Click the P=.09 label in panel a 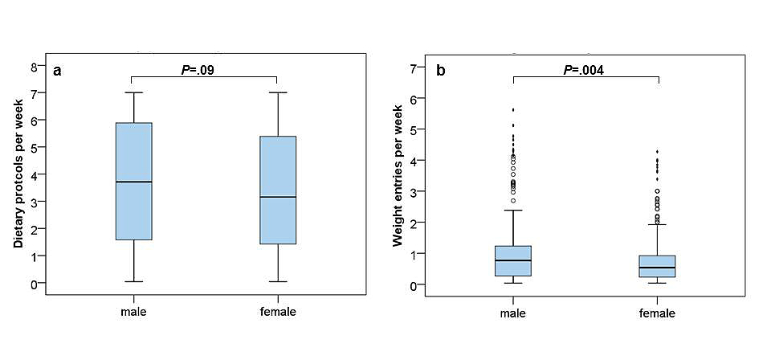[x=198, y=70]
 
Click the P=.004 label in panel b [x=583, y=70]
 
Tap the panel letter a [x=57, y=72]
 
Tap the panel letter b [x=440, y=72]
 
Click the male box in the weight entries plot [x=513, y=260]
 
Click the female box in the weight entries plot [x=658, y=266]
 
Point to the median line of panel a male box [x=133, y=182]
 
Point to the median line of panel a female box [x=278, y=197]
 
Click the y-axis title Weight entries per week [x=398, y=174]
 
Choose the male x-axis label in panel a [x=133, y=312]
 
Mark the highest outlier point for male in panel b [x=513, y=109]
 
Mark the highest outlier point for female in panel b [x=658, y=152]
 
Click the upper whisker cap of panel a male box [x=133, y=92]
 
